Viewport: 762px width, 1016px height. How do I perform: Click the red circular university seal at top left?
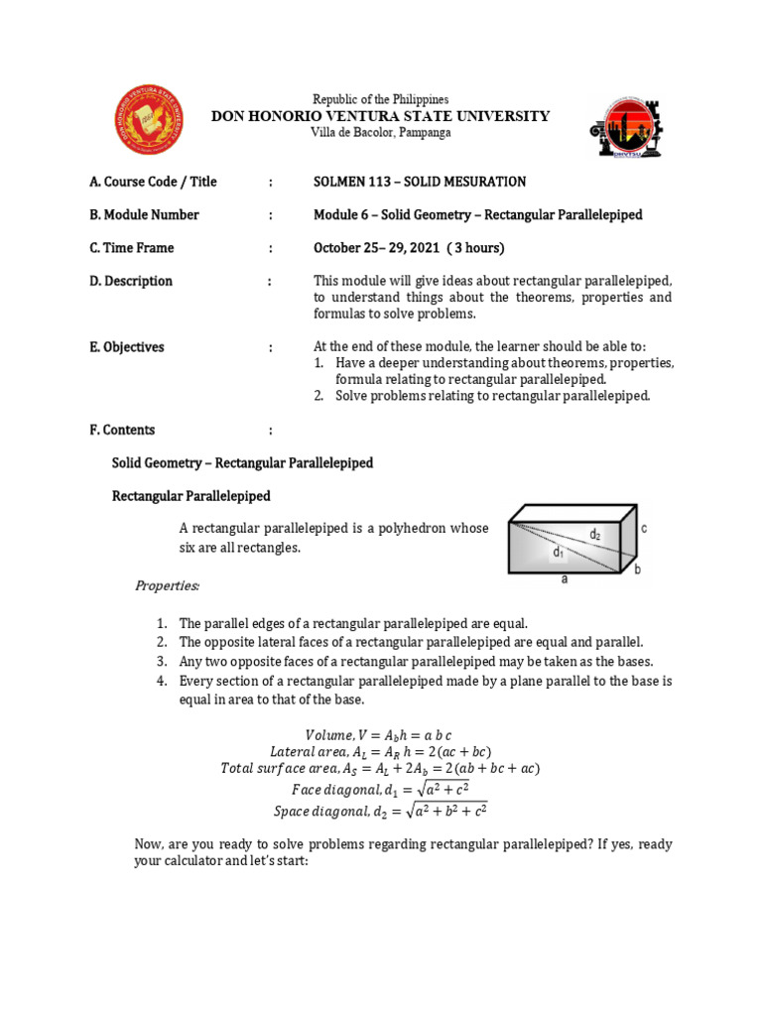150,118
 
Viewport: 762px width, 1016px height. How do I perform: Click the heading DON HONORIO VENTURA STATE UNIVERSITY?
381,116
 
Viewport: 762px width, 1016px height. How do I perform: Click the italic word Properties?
167,585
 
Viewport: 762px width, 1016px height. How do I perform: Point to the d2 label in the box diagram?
594,535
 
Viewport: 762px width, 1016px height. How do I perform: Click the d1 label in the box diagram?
559,553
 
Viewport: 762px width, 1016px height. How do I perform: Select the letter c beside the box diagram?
643,530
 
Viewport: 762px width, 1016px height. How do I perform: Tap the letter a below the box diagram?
565,580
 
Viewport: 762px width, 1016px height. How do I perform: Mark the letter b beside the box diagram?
638,570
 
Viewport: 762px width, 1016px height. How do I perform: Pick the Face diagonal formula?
380,790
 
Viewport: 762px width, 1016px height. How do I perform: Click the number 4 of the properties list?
160,681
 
